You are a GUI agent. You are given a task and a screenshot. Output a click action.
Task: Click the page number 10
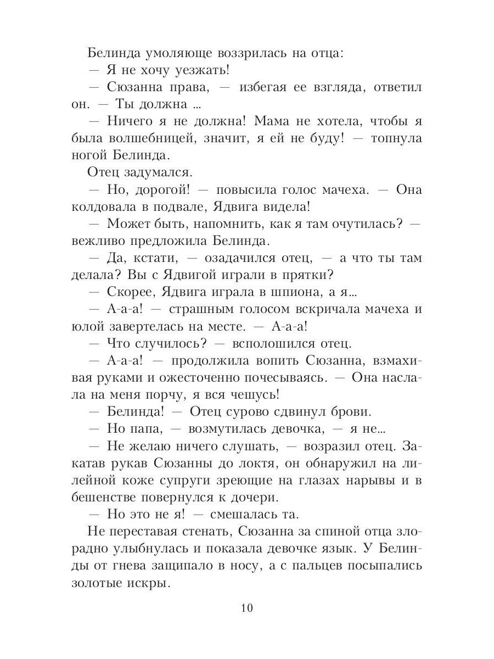click(246, 608)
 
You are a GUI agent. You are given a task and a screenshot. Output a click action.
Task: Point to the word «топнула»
click(396, 138)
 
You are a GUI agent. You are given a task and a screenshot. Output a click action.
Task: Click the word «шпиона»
click(304, 292)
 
